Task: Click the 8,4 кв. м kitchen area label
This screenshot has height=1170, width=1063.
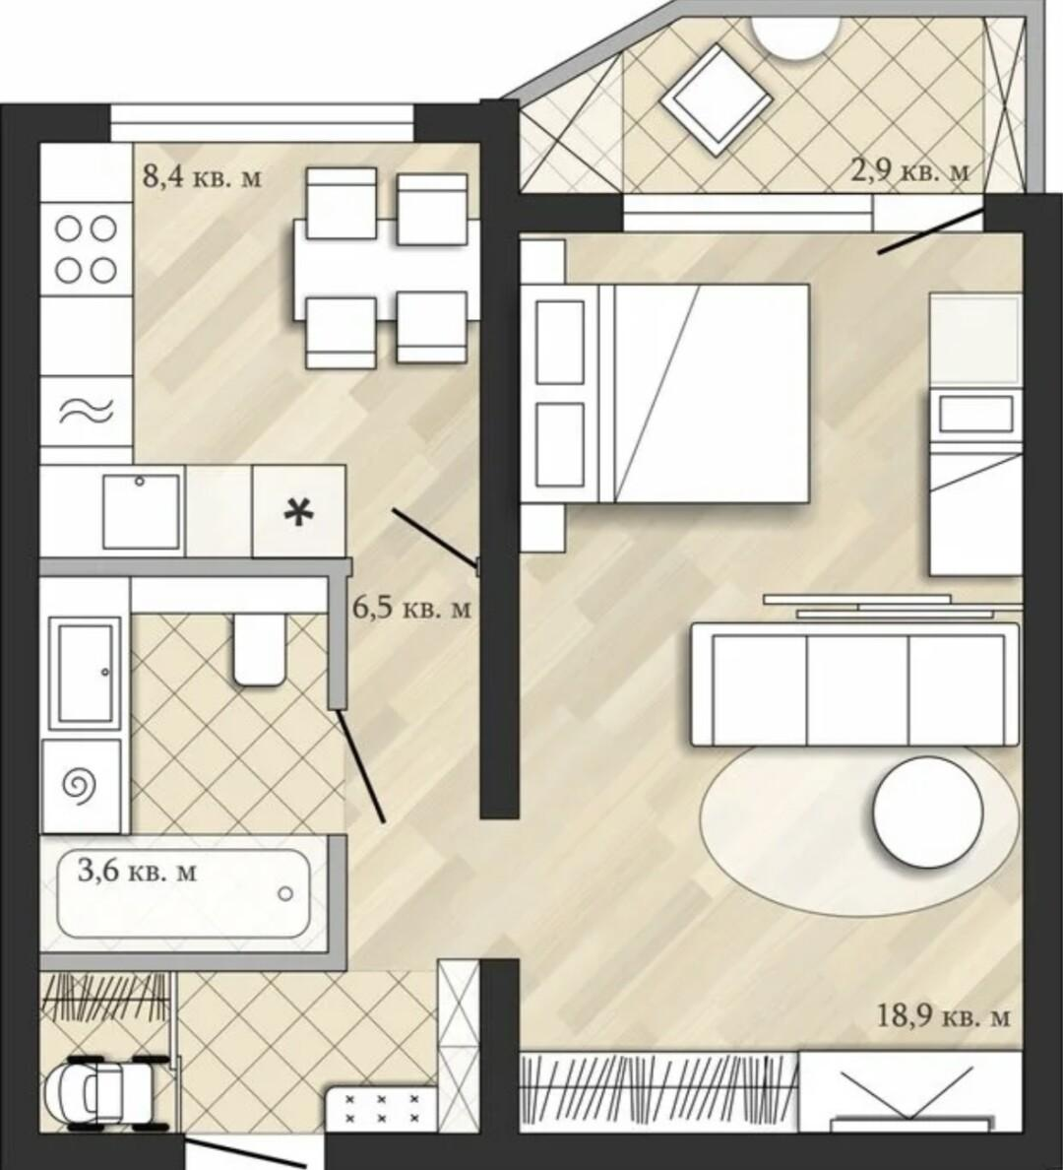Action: click(202, 177)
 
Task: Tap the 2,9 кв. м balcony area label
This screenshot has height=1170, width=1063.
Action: click(910, 170)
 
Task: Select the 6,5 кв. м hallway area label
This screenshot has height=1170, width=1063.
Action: click(411, 608)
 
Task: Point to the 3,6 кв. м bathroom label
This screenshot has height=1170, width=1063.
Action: click(137, 870)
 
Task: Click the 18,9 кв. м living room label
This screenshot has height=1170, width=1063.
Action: click(944, 1015)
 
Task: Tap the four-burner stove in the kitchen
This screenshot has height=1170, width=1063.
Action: click(86, 249)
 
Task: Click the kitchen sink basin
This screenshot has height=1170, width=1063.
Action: click(141, 511)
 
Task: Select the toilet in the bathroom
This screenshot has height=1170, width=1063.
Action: click(259, 649)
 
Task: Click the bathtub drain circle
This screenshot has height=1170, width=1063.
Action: click(285, 893)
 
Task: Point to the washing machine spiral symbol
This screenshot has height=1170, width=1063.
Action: click(81, 784)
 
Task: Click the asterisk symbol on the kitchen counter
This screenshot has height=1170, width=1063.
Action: click(299, 513)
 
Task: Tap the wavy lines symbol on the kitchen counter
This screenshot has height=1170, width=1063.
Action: click(86, 411)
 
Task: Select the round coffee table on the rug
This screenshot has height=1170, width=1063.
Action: click(927, 812)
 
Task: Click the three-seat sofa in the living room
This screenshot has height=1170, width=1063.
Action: click(854, 683)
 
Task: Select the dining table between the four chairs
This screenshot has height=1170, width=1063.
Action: click(387, 270)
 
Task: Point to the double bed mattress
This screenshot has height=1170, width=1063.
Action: click(711, 393)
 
